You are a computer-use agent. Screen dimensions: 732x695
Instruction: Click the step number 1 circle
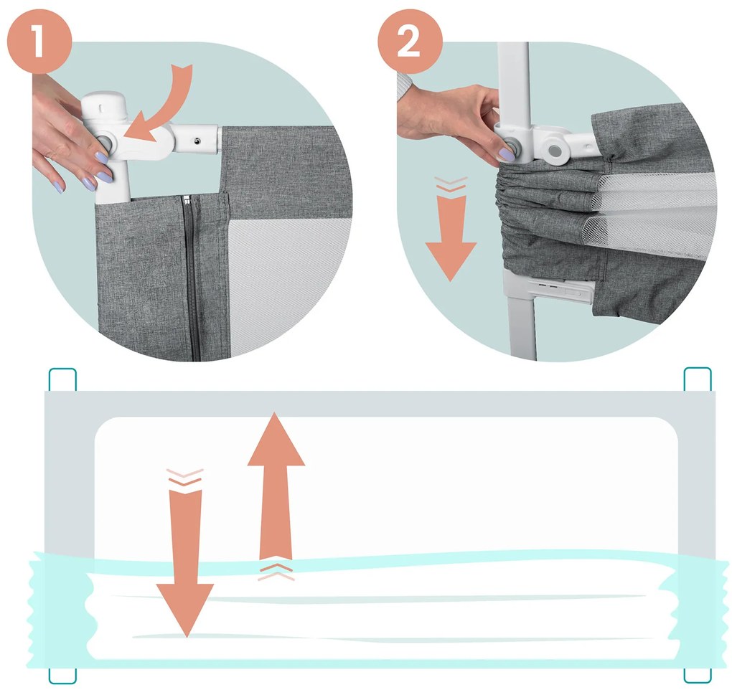[x=39, y=41]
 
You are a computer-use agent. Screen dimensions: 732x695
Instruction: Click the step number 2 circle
[x=410, y=41]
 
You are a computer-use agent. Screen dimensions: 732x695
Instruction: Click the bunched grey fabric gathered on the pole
[x=542, y=210]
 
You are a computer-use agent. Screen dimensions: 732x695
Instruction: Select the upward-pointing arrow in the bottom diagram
[x=276, y=485]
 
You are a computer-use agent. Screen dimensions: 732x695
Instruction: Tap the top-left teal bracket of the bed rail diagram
[x=62, y=379]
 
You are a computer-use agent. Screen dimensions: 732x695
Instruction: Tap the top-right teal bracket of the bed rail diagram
[x=698, y=379]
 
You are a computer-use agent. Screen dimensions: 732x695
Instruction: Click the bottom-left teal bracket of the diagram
[x=62, y=676]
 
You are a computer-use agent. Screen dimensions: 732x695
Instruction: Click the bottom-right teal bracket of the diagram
[x=698, y=676]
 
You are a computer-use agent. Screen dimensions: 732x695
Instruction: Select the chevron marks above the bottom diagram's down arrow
[x=185, y=478]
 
